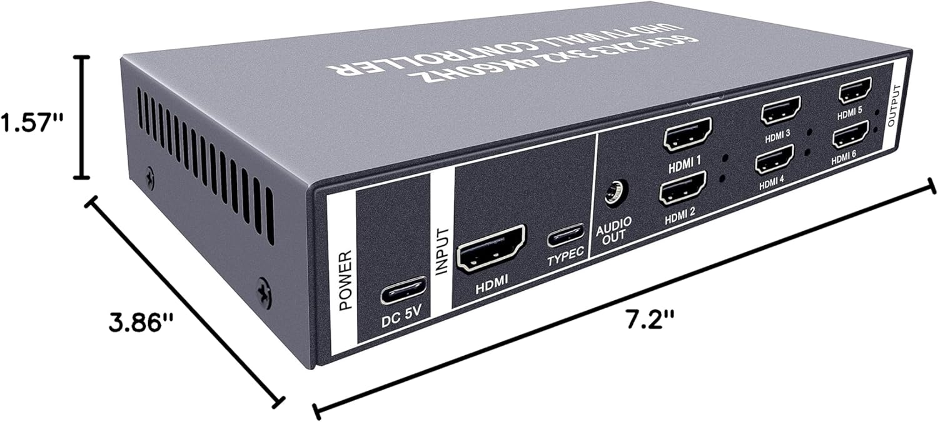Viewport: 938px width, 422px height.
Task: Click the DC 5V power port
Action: pos(404,291)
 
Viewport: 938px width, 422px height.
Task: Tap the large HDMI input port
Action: pos(492,248)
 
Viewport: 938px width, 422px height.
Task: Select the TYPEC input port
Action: pos(566,236)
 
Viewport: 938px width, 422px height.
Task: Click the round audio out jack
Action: pos(613,193)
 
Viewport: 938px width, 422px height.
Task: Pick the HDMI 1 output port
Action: pos(688,134)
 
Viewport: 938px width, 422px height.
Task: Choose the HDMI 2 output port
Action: pos(683,188)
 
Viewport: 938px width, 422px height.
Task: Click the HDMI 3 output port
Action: pos(781,110)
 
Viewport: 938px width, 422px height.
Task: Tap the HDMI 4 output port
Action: pos(775,159)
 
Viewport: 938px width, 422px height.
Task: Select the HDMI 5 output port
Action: pos(855,91)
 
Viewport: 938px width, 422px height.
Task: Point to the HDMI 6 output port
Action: pos(850,134)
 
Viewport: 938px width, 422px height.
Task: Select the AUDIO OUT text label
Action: pos(613,229)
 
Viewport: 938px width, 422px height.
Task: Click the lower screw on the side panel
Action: pos(265,292)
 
